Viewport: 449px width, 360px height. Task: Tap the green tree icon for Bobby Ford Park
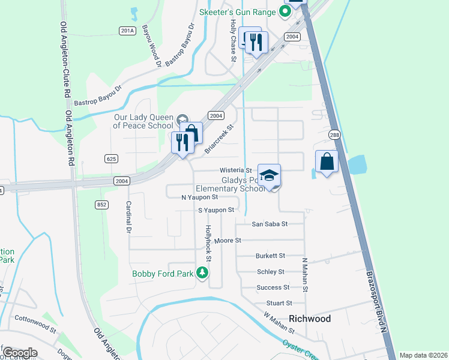coord(203,273)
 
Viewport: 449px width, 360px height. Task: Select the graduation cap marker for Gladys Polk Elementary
coord(270,175)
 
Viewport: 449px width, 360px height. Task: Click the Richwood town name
coord(310,319)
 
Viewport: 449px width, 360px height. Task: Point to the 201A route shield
coord(127,31)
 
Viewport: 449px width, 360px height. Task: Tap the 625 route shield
coord(110,158)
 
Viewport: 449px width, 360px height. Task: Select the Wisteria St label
coord(235,170)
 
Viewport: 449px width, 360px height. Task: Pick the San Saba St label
coord(270,224)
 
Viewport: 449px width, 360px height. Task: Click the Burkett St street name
coord(270,256)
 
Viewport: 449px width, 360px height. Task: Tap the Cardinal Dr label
coord(128,217)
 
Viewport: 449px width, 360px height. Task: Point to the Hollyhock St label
coord(209,243)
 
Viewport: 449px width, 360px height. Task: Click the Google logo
coord(20,353)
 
